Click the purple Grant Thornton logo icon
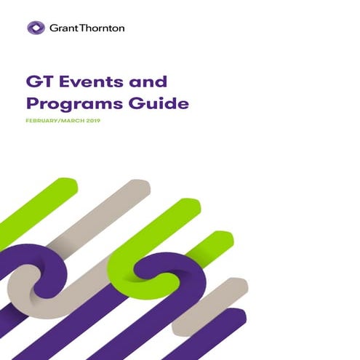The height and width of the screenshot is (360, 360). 36,28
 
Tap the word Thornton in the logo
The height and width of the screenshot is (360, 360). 102,28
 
